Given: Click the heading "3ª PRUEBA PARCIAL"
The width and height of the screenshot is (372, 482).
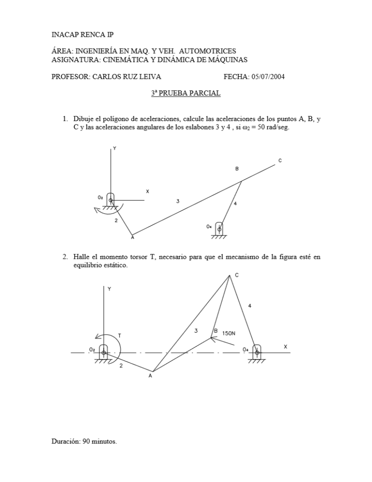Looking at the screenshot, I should [186, 93].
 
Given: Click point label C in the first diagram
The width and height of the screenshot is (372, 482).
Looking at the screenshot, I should [280, 161].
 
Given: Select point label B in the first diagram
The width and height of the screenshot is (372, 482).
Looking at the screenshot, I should [237, 169].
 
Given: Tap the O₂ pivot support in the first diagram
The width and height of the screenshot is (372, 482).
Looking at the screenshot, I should [111, 200].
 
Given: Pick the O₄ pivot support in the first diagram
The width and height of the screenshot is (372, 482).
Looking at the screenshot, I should [218, 229].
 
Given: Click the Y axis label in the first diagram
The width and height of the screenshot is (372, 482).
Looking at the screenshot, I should [114, 148].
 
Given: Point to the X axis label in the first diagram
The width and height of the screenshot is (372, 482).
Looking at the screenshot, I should [147, 192].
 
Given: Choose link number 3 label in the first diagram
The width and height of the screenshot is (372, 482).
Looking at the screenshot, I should [178, 201].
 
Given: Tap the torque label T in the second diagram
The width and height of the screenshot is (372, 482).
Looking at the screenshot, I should [120, 335].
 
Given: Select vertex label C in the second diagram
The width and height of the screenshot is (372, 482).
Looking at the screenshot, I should [236, 275].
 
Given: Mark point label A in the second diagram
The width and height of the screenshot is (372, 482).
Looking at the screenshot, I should [150, 376].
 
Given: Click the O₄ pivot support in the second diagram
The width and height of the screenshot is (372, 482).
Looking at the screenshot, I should [256, 352].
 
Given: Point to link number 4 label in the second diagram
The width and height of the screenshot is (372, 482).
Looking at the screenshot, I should [250, 306].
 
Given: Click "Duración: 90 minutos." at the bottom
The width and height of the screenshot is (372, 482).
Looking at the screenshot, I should [84, 441].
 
